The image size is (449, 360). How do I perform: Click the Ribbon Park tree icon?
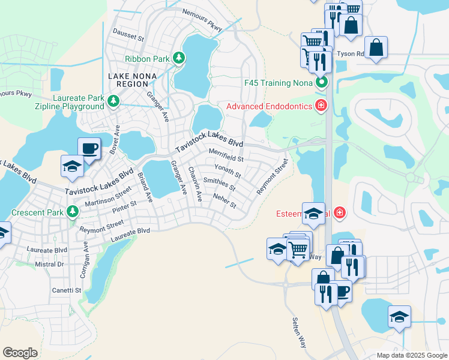[178, 58]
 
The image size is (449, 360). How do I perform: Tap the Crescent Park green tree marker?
[73, 212]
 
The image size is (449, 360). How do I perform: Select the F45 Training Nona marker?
[322, 83]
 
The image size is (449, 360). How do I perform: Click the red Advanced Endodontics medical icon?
[321, 106]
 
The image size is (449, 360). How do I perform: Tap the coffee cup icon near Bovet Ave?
[89, 148]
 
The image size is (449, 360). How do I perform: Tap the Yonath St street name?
[228, 172]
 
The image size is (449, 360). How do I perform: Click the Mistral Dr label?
[49, 264]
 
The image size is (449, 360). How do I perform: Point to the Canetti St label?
[66, 290]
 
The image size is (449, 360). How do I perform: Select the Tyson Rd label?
[351, 53]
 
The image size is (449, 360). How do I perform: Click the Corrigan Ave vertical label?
[83, 259]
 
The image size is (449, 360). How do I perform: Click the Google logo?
[20, 353]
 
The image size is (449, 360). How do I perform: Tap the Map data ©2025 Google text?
[411, 355]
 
